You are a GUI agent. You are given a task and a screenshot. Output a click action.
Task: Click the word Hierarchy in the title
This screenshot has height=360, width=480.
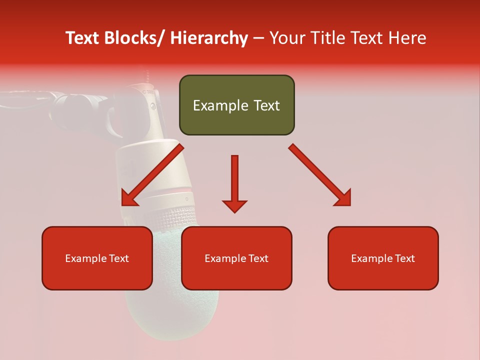tap(209, 38)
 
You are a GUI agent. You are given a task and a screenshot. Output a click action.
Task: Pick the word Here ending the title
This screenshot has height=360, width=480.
tap(407, 38)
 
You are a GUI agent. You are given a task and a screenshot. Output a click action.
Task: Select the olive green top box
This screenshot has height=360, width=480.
tap(236, 105)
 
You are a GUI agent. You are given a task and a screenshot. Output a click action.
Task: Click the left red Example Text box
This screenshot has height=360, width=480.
tap(97, 258)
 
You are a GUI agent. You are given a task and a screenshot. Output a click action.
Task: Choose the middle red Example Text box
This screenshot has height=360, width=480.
tap(236, 258)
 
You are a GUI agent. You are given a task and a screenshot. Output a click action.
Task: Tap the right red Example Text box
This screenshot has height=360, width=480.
tap(383, 258)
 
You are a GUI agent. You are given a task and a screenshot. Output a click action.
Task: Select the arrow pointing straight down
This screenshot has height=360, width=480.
tap(234, 182)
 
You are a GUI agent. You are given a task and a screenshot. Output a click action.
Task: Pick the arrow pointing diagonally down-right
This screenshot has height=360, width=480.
tap(320, 175)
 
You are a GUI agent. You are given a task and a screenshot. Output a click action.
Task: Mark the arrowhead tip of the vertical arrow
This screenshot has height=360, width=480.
tap(234, 211)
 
